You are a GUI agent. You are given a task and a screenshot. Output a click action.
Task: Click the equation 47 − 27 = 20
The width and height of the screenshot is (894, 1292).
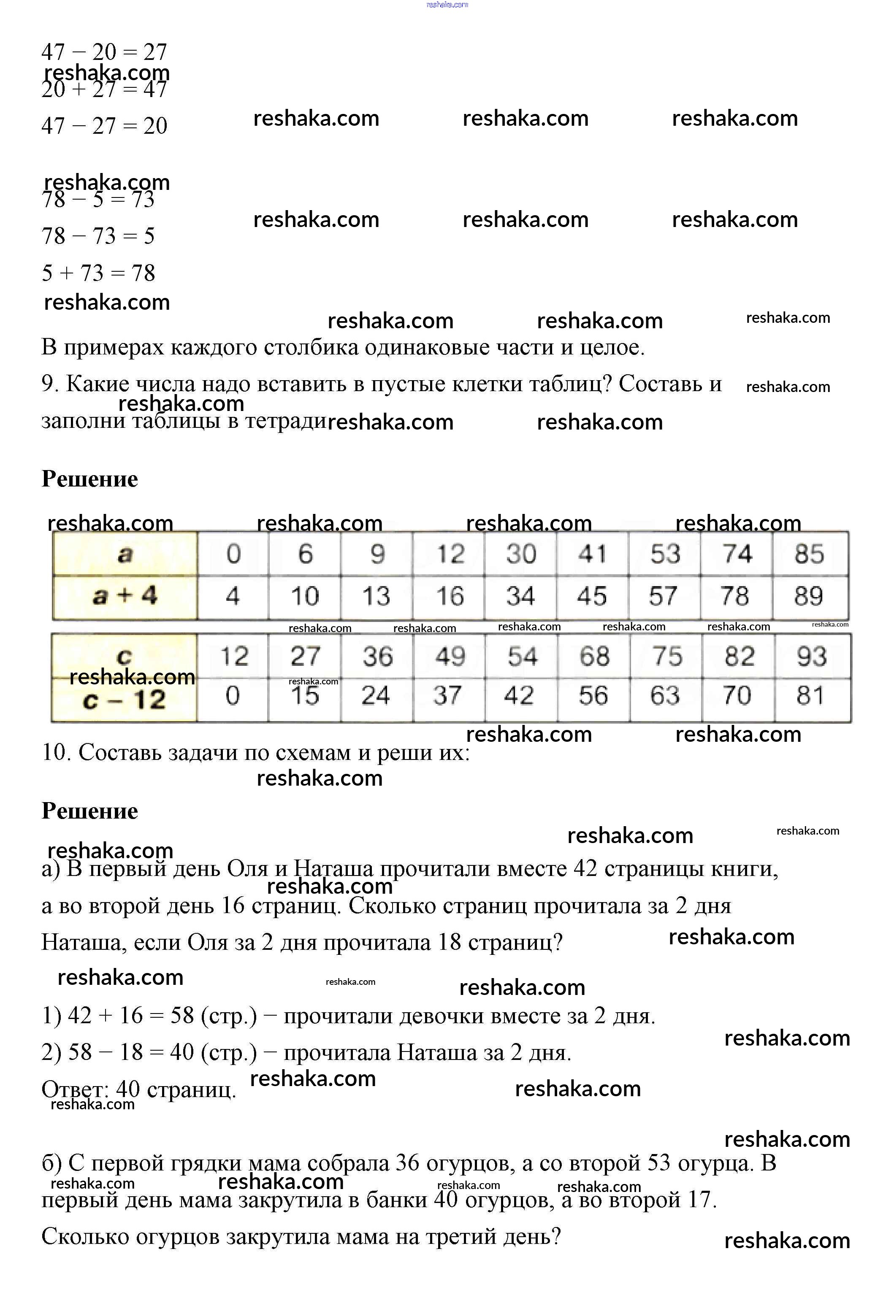click(104, 126)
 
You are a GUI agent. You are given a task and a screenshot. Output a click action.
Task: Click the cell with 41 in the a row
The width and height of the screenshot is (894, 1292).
click(593, 554)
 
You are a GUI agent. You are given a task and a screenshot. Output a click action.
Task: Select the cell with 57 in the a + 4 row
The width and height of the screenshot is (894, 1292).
click(664, 596)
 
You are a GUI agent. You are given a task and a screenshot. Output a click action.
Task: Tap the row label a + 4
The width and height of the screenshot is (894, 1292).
click(125, 596)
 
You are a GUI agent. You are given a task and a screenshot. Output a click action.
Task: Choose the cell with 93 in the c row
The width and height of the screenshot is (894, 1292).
click(812, 657)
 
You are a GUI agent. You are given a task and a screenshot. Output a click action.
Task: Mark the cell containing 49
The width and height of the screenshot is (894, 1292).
click(450, 657)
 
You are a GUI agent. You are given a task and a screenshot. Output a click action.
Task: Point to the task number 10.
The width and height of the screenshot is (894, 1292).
click(56, 753)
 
